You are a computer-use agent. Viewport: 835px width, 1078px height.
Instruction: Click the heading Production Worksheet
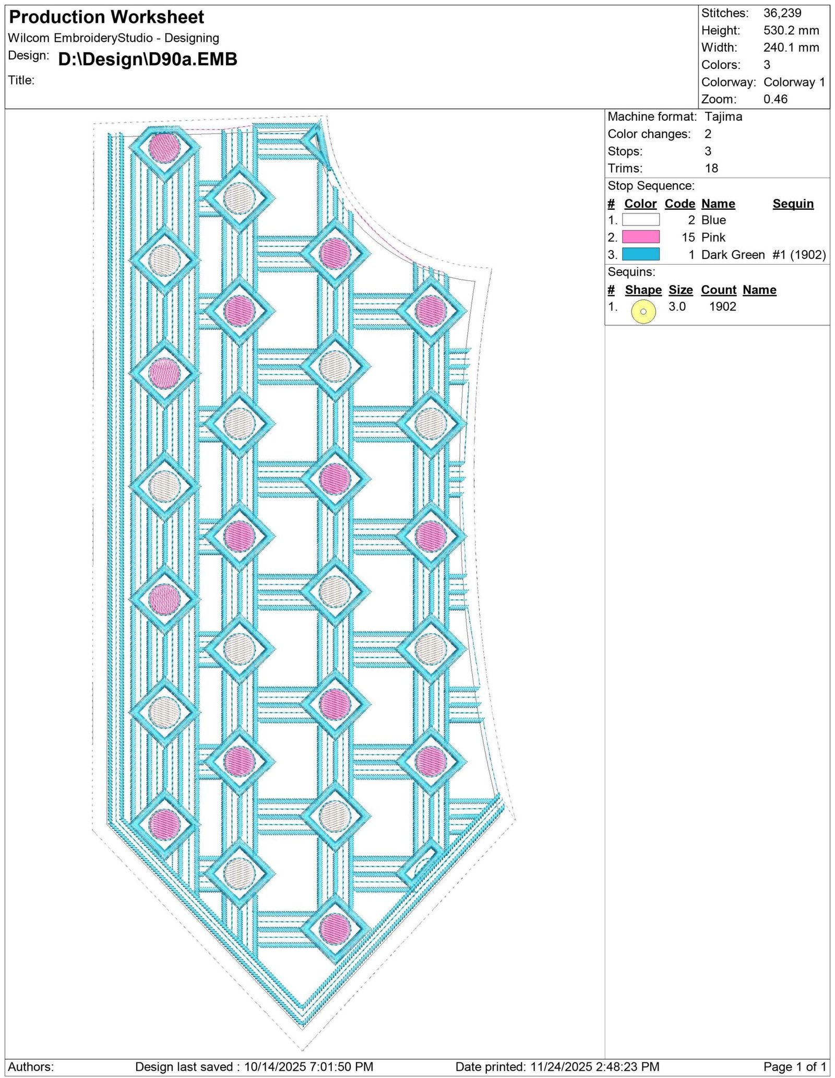tap(106, 17)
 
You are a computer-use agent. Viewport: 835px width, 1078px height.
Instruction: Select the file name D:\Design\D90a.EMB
tap(148, 60)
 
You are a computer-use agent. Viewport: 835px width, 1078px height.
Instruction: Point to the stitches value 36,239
tap(782, 13)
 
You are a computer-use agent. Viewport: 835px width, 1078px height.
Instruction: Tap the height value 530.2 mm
tap(791, 30)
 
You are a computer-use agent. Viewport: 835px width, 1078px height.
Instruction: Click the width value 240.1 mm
tap(791, 48)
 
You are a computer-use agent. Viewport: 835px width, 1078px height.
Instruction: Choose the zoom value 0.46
tap(776, 99)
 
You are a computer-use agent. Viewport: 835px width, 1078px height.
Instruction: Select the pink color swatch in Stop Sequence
tap(640, 237)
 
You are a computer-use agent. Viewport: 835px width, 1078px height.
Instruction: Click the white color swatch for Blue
tap(640, 220)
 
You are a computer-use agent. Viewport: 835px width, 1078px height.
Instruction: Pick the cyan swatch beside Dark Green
tap(640, 254)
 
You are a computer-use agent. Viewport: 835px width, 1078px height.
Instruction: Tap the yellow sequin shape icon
tap(643, 311)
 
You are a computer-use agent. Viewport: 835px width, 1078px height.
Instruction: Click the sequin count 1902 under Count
tap(722, 306)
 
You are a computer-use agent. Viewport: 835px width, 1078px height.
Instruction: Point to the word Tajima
tap(723, 117)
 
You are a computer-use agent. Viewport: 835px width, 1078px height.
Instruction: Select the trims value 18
tap(711, 168)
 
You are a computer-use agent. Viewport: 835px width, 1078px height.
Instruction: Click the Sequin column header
tap(793, 204)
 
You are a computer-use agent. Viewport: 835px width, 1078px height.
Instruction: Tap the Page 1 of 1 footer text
tap(795, 1067)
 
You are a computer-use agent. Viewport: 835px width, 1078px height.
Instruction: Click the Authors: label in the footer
tap(31, 1067)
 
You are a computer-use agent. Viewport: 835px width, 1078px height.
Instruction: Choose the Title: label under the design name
tap(21, 80)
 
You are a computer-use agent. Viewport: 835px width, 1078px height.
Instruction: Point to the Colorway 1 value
tap(794, 82)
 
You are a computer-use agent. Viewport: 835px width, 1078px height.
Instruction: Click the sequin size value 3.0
tap(677, 306)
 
